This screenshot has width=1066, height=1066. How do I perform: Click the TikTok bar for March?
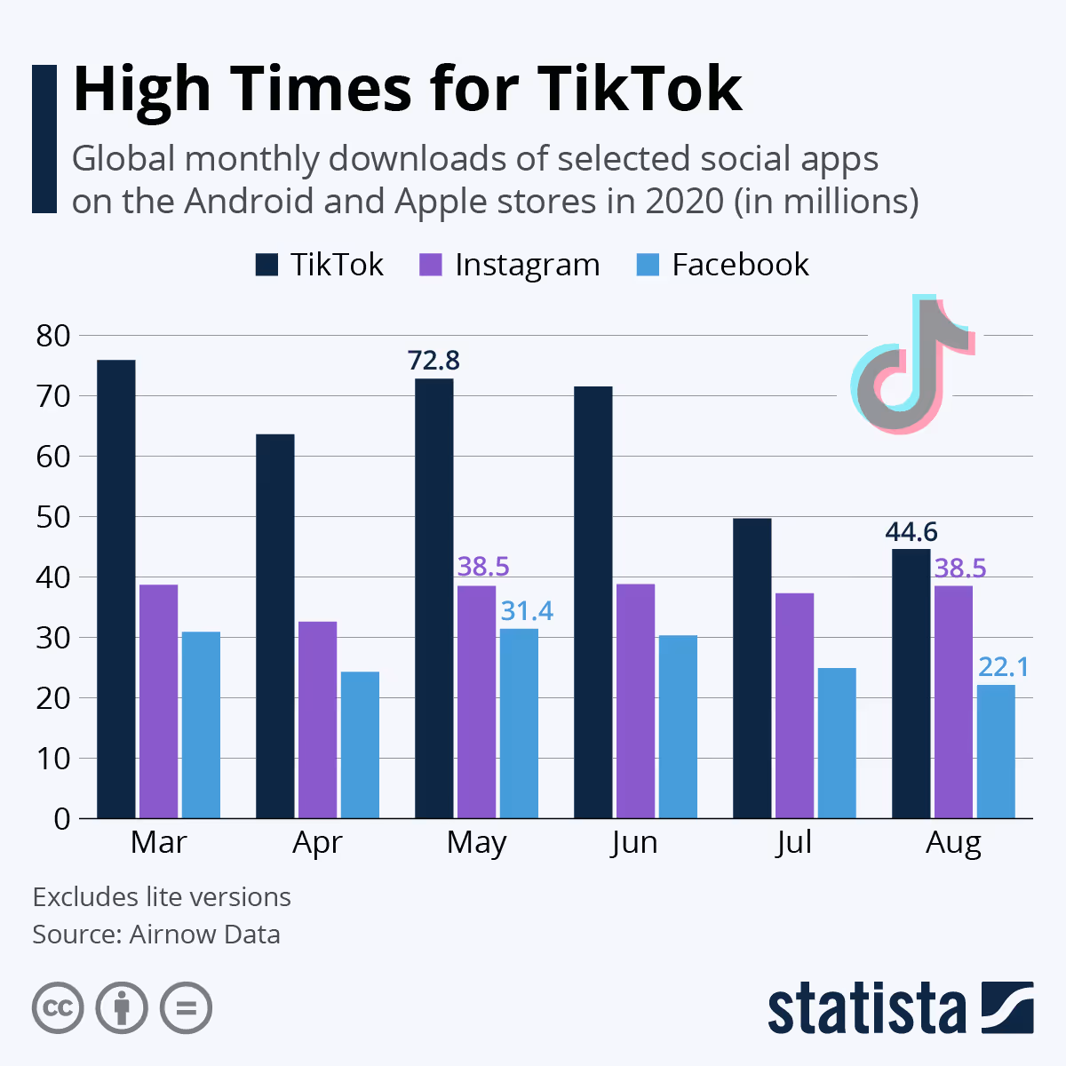click(x=116, y=589)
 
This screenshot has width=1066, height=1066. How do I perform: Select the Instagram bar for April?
click(x=317, y=720)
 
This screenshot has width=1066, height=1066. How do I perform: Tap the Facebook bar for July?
click(x=837, y=743)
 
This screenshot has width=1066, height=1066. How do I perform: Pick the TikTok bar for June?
click(x=593, y=602)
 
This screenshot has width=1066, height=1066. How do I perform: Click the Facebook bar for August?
click(x=996, y=752)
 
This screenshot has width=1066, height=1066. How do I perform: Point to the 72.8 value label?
click(x=434, y=361)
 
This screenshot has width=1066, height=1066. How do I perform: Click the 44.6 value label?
click(x=911, y=532)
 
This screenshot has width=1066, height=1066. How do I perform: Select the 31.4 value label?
click(x=527, y=611)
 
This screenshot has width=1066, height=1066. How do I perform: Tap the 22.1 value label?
click(x=1004, y=667)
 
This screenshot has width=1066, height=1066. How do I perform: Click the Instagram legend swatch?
click(x=431, y=265)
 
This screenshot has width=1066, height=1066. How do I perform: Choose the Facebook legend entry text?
click(x=740, y=265)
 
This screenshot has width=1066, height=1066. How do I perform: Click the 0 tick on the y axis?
click(x=61, y=818)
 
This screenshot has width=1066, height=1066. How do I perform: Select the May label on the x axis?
click(x=476, y=842)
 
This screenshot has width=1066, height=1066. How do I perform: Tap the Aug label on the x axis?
click(x=953, y=842)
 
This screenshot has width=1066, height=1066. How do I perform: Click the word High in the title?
click(x=143, y=89)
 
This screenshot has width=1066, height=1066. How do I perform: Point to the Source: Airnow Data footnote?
click(x=156, y=935)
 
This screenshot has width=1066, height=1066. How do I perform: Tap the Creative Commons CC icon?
click(x=58, y=1008)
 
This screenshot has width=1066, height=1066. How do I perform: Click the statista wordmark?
click(x=866, y=1009)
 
